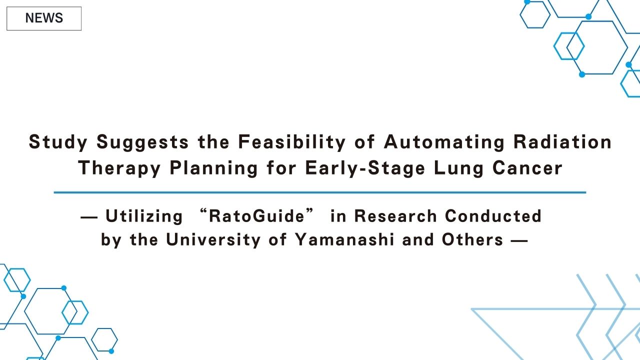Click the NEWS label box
44,18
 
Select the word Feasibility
291,142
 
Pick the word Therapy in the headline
119,168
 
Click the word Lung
454,168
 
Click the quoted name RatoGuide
256,216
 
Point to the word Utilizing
144,216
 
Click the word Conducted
493,216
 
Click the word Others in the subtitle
472,240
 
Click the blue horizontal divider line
319,192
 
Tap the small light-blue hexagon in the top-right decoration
569,46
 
